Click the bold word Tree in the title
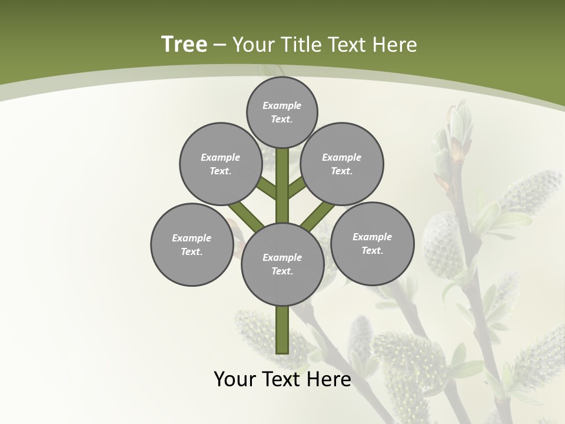click(x=184, y=45)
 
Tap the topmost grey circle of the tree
click(x=282, y=112)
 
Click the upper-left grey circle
click(x=221, y=164)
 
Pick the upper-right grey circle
click(x=342, y=164)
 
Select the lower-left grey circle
click(x=192, y=244)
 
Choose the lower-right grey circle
click(x=372, y=243)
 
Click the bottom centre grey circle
click(x=282, y=264)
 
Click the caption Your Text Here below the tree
click(x=282, y=379)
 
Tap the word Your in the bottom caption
click(x=234, y=379)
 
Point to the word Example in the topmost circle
click(x=282, y=105)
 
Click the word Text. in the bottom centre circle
click(x=282, y=271)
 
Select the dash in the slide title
click(x=220, y=45)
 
